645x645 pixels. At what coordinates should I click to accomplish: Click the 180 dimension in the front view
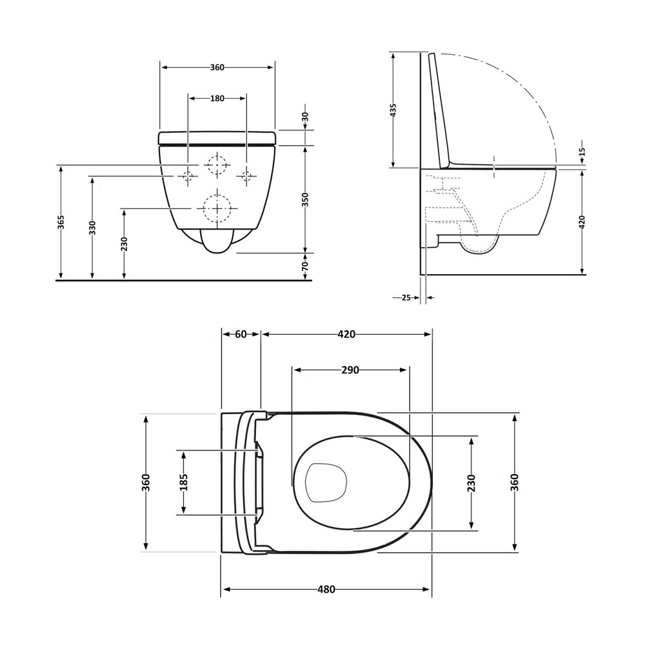pyautogui.click(x=217, y=99)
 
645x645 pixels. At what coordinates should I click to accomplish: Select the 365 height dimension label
pyautogui.click(x=61, y=223)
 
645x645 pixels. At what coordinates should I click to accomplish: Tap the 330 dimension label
pyautogui.click(x=92, y=228)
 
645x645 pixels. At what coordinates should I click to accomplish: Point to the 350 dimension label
pyautogui.click(x=305, y=199)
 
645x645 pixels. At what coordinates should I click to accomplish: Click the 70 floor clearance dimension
pyautogui.click(x=305, y=265)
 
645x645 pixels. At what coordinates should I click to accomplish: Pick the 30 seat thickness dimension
pyautogui.click(x=305, y=117)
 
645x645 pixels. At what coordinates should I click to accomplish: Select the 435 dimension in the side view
pyautogui.click(x=393, y=110)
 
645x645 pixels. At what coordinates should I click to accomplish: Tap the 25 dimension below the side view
pyautogui.click(x=406, y=297)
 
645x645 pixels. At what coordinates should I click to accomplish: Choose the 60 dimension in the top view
pyautogui.click(x=241, y=334)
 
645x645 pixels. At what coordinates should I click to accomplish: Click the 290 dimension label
pyautogui.click(x=350, y=370)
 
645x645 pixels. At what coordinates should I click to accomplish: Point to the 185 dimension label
pyautogui.click(x=184, y=482)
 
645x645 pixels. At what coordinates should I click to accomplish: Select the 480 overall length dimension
pyautogui.click(x=326, y=590)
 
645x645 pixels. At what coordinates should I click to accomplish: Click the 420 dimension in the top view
pyautogui.click(x=346, y=334)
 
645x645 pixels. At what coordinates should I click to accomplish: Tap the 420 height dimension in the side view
pyautogui.click(x=582, y=223)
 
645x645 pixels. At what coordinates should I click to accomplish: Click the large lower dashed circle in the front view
pyautogui.click(x=217, y=208)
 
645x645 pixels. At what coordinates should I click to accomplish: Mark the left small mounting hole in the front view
pyautogui.click(x=188, y=175)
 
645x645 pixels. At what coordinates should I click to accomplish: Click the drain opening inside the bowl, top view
pyautogui.click(x=326, y=482)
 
